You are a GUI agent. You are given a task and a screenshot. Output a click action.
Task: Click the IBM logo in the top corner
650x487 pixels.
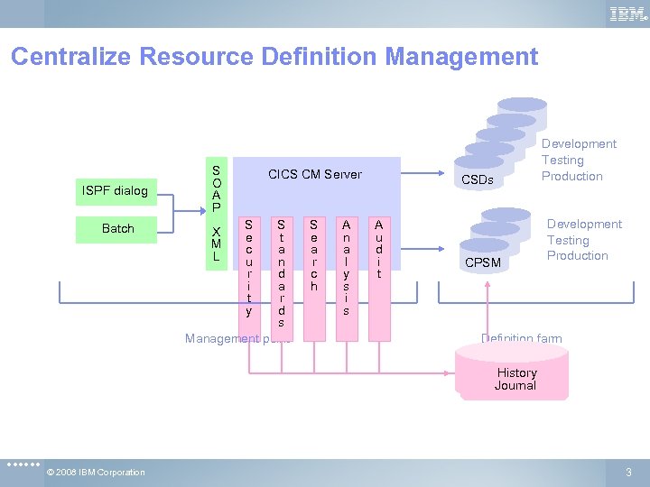tap(628, 14)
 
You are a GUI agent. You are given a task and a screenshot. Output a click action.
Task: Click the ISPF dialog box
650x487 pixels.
tap(115, 191)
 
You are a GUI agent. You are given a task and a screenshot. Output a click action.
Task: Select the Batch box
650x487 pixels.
tap(117, 229)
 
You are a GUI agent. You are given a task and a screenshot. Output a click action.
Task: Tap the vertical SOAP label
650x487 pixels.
tap(216, 188)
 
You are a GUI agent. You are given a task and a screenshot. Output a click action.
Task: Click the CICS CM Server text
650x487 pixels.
tap(315, 174)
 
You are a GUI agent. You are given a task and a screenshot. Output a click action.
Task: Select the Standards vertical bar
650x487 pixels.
tap(281, 272)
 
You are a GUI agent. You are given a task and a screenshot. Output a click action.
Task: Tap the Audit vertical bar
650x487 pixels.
tap(378, 248)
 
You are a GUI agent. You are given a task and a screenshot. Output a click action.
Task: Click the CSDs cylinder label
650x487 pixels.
tap(478, 179)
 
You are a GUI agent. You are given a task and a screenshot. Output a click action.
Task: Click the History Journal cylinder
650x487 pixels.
tap(515, 377)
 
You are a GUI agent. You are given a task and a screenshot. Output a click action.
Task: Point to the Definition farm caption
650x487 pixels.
tap(521, 339)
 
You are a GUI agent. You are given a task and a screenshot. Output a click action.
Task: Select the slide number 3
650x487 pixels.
tap(628, 473)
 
